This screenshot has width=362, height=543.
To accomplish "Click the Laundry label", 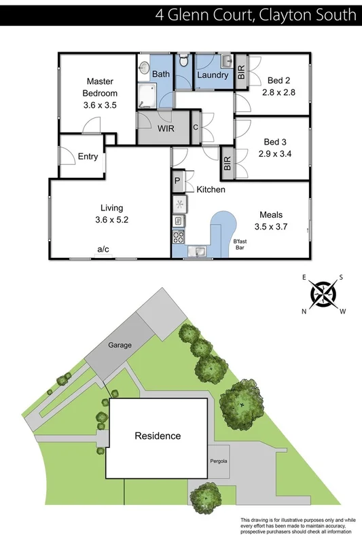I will [213, 75].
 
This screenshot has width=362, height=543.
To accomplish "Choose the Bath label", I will [161, 74].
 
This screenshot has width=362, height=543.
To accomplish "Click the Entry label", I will [88, 156].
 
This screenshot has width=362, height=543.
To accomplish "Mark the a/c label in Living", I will [103, 250].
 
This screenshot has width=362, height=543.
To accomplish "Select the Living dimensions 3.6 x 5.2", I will [112, 220].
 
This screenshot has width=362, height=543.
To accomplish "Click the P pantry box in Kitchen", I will [177, 181].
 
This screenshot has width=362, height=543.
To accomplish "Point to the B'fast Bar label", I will [241, 245].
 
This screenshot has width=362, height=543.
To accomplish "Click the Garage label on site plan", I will [120, 345].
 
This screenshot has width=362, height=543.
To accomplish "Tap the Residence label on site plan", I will [158, 436].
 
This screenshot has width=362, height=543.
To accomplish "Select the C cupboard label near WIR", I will [196, 127].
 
